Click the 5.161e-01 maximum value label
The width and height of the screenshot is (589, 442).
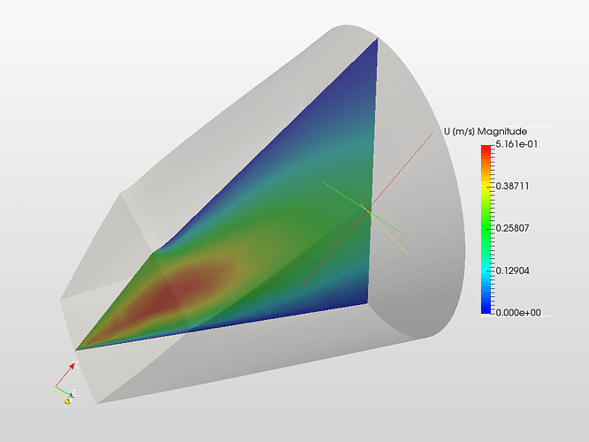516,144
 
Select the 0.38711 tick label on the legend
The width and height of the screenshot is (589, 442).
512,186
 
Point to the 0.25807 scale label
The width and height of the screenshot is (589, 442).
512,228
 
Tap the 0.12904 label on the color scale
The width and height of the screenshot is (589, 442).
512,271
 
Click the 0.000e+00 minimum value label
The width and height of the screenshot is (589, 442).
518,312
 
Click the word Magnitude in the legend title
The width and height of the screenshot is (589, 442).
502,132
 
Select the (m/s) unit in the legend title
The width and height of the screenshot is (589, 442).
463,132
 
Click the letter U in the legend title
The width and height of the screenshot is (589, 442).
447,132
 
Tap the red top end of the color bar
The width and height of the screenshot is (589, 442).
486,149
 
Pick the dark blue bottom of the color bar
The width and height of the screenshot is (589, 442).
486,309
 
